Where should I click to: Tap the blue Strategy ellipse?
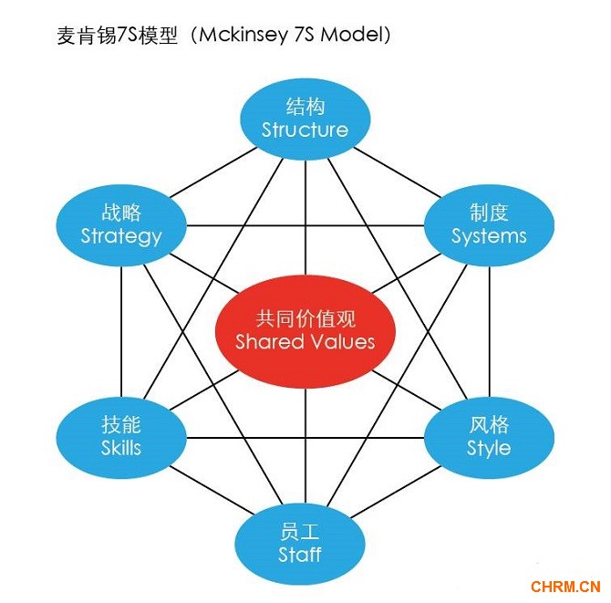[x=121, y=224]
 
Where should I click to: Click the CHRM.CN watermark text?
[x=564, y=586]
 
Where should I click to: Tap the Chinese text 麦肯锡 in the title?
[x=84, y=36]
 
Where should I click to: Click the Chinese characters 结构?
[x=305, y=106]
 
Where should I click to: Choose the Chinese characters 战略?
[x=121, y=213]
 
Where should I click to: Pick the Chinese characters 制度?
[x=489, y=213]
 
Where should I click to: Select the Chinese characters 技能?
[x=121, y=424]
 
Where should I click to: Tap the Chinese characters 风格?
[x=489, y=424]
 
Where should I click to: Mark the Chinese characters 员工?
[x=300, y=531]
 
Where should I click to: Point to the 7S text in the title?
[x=128, y=36]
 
